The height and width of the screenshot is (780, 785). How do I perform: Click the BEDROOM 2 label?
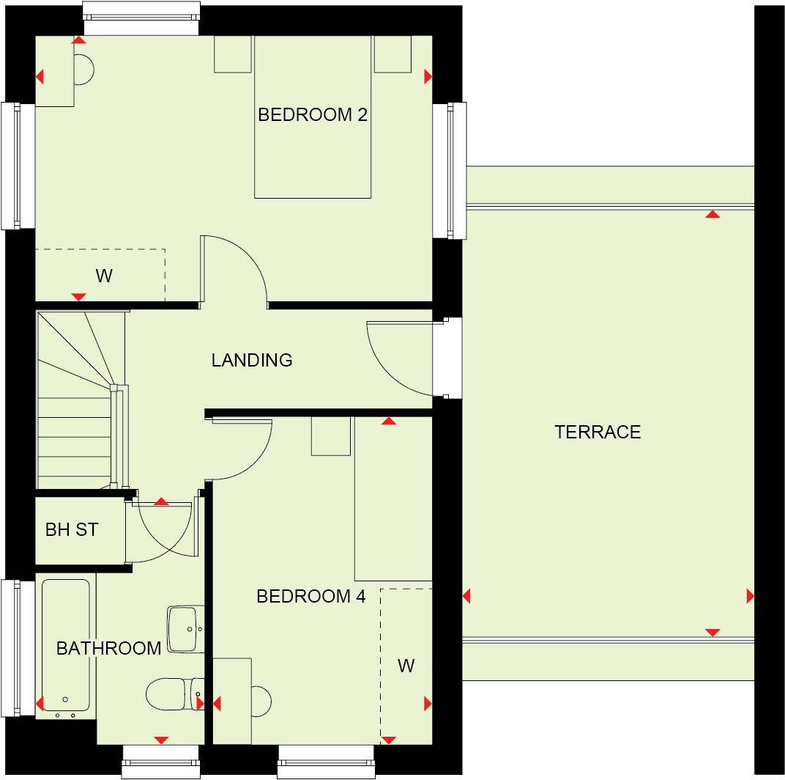(312, 115)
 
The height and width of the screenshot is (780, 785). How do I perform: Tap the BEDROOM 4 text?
(310, 597)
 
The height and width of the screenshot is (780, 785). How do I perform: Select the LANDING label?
(252, 361)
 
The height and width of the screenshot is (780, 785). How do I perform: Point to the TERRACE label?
(598, 432)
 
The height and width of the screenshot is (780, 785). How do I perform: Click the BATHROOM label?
(108, 649)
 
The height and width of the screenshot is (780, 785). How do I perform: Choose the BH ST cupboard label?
(72, 530)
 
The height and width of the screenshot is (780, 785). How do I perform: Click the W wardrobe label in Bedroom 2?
(104, 276)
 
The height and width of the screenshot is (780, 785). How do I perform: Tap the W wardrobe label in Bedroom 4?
(406, 666)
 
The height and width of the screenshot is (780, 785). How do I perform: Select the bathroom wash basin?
(184, 629)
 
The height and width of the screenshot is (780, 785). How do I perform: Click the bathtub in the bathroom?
(66, 645)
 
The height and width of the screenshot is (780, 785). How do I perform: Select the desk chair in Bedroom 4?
(260, 701)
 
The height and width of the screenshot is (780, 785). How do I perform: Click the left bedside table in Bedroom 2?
(233, 55)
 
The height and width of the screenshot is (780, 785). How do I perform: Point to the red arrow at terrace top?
(712, 215)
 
